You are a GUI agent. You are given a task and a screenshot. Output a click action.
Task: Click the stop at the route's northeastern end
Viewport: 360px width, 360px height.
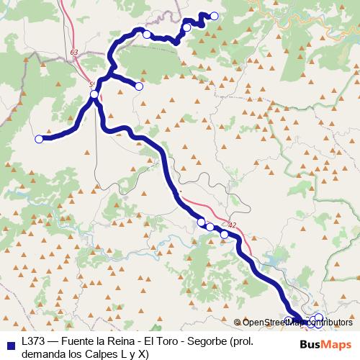(214, 16)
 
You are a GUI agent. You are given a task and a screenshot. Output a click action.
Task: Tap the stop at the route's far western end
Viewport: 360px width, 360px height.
(39, 139)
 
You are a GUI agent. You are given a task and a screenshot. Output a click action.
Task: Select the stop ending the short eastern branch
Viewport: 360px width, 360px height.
(139, 86)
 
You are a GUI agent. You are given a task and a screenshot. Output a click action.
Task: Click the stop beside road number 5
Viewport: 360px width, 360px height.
(94, 94)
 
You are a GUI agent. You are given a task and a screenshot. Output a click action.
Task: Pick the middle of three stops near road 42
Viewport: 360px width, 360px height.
(210, 227)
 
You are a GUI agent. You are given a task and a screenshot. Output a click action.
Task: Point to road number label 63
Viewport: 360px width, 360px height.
(75, 53)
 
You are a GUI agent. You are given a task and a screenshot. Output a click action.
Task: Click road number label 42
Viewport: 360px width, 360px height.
(231, 224)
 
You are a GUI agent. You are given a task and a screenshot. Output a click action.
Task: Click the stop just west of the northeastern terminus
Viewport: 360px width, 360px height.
(187, 27)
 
